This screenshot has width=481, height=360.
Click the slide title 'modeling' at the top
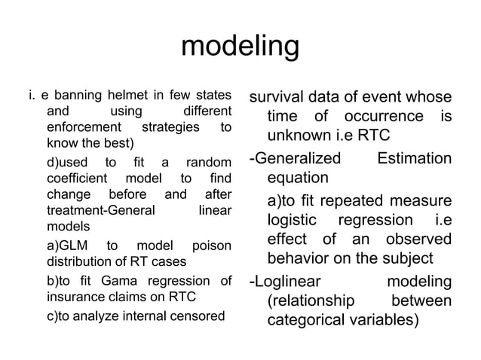pyautogui.click(x=240, y=47)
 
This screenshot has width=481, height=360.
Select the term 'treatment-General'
pyautogui.click(x=101, y=210)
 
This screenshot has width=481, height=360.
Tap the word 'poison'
pyautogui.click(x=212, y=246)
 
